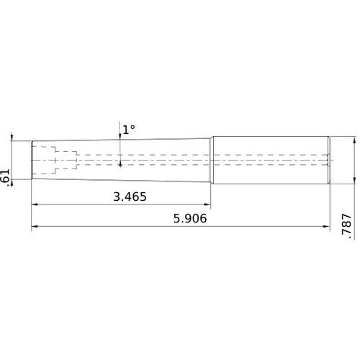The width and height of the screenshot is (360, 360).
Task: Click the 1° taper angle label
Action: pos(128,130)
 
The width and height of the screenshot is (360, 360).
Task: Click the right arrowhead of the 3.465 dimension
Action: pos(207,205)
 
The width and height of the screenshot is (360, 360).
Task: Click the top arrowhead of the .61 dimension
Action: pos(12,138)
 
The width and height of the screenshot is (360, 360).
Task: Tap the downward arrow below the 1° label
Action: pos(120,138)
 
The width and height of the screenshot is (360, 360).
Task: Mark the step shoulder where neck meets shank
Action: pos(212,159)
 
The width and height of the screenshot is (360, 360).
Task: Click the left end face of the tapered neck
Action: pos(32,159)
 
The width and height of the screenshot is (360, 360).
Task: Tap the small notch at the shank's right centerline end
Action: pos(329,159)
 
